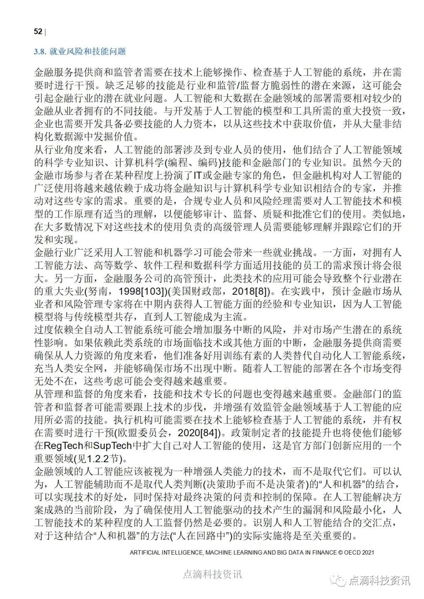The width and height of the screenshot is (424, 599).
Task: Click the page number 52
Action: pyautogui.click(x=38, y=31)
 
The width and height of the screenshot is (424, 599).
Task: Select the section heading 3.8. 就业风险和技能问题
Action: pyautogui.click(x=80, y=51)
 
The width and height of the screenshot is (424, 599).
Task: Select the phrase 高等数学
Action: pyautogui.click(x=122, y=266)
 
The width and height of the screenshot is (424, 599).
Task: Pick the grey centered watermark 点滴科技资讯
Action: pyautogui.click(x=212, y=574)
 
